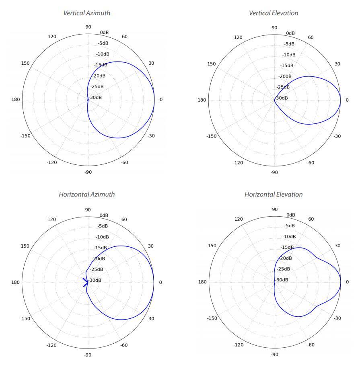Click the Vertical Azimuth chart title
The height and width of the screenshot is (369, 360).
[86, 13]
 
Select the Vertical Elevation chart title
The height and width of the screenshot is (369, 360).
[274, 13]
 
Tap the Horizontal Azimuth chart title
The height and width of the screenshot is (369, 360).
[86, 194]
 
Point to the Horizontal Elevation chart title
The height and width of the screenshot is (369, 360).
[274, 194]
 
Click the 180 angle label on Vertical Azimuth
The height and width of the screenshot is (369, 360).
[15, 99]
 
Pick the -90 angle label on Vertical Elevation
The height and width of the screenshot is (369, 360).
[274, 172]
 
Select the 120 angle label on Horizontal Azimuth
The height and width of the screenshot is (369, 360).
[52, 219]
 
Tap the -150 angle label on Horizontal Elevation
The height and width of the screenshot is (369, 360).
[212, 318]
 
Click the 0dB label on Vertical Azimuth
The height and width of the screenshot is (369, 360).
[104, 33]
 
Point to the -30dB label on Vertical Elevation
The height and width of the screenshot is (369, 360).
[282, 98]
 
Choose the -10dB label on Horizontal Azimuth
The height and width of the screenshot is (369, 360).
[103, 237]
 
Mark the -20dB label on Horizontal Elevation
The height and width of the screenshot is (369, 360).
[285, 258]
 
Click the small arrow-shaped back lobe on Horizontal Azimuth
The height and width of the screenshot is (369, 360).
[85, 282]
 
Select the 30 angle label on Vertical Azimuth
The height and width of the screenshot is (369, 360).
[151, 63]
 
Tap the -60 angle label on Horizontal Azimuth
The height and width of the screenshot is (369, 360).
[124, 345]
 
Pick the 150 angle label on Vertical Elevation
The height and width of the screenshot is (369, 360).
[211, 64]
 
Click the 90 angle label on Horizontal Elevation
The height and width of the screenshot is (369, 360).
[274, 209]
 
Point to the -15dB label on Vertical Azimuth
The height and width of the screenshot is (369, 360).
[101, 65]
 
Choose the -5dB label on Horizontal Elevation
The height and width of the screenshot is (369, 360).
[289, 225]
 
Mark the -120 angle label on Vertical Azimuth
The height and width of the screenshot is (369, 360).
[51, 162]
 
